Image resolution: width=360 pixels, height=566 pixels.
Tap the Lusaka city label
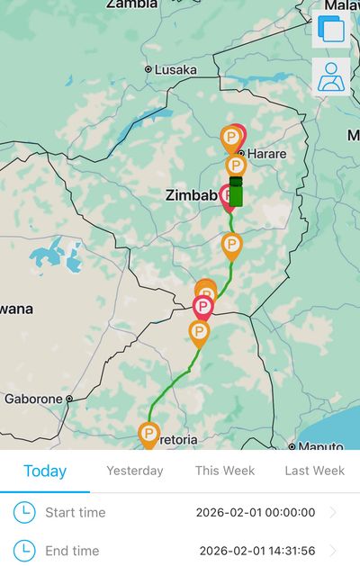pyautogui.click(x=175, y=69)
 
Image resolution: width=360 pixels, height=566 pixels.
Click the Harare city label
pyautogui.click(x=267, y=154)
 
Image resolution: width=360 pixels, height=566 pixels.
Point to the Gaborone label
pyautogui.click(x=33, y=399)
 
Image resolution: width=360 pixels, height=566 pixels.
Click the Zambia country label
pyautogui.click(x=132, y=4)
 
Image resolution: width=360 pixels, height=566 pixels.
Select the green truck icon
pyautogui.click(x=236, y=192)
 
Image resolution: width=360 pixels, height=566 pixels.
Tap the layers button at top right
pyautogui.click(x=330, y=31)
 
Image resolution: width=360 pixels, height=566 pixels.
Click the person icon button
pyautogui.click(x=330, y=78)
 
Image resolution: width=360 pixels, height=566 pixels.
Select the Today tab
pyautogui.click(x=45, y=471)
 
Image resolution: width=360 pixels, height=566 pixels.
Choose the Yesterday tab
pyautogui.click(x=135, y=471)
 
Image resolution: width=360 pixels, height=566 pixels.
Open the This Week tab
pyautogui.click(x=225, y=471)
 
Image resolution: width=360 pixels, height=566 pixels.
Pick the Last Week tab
pyautogui.click(x=315, y=471)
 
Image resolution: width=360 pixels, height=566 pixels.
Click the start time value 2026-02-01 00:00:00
pyautogui.click(x=256, y=513)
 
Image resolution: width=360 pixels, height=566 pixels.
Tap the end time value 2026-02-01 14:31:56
pyautogui.click(x=257, y=551)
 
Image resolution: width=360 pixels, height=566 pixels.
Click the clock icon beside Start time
pyautogui.click(x=24, y=513)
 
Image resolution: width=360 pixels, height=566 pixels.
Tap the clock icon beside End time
pyautogui.click(x=24, y=551)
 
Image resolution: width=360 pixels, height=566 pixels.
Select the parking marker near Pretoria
pyautogui.click(x=148, y=435)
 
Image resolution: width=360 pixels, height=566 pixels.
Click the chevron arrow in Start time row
pyautogui.click(x=334, y=513)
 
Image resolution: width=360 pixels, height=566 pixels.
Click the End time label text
pyautogui.click(x=72, y=551)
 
